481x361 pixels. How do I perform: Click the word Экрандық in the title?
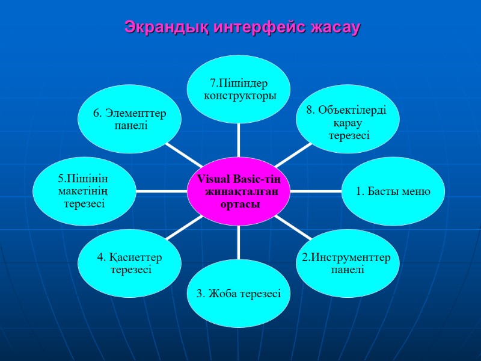(x=158, y=27)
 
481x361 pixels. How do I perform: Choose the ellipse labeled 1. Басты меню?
(x=393, y=191)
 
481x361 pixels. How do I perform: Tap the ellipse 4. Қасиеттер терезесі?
(x=130, y=263)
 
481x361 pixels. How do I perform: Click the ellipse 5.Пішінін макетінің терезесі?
(x=84, y=191)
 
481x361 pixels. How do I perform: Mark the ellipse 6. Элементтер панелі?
(x=130, y=119)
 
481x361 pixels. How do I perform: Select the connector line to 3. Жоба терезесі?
(x=239, y=241)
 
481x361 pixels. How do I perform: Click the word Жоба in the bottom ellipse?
(x=225, y=294)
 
